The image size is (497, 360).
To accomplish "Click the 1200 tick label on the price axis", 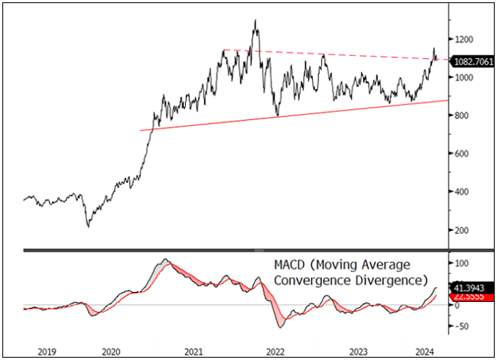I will click(x=464, y=39).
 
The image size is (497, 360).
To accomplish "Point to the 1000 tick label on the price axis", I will click(x=464, y=77).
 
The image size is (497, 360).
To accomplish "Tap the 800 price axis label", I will click(x=462, y=116).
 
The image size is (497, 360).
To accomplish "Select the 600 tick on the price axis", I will click(x=462, y=154).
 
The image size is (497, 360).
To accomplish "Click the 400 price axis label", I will click(x=462, y=192).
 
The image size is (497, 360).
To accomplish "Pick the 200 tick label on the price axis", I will click(x=462, y=230).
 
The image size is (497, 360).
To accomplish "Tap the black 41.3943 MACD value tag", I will click(x=469, y=289).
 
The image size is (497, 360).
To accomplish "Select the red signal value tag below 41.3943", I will click(x=469, y=298).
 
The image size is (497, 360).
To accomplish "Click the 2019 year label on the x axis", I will click(x=46, y=351).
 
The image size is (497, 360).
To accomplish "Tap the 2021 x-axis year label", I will click(x=194, y=351).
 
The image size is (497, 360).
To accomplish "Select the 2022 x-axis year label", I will click(x=275, y=351).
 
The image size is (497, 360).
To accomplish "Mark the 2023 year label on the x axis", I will click(x=359, y=351).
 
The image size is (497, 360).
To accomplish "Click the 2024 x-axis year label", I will click(x=424, y=351).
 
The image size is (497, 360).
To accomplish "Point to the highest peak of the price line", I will click(x=255, y=21).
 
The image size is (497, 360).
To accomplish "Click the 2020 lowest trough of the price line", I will click(x=88, y=227).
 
